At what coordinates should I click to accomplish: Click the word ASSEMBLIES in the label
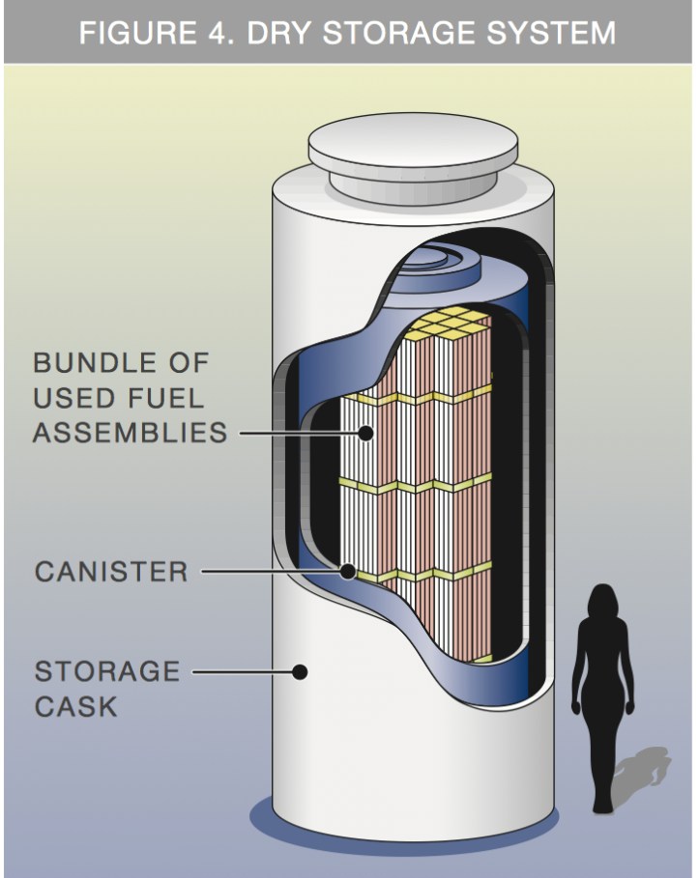130,432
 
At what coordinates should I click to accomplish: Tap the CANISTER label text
111,572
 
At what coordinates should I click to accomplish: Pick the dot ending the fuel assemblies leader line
366,433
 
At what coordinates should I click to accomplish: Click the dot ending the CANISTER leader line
347,572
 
